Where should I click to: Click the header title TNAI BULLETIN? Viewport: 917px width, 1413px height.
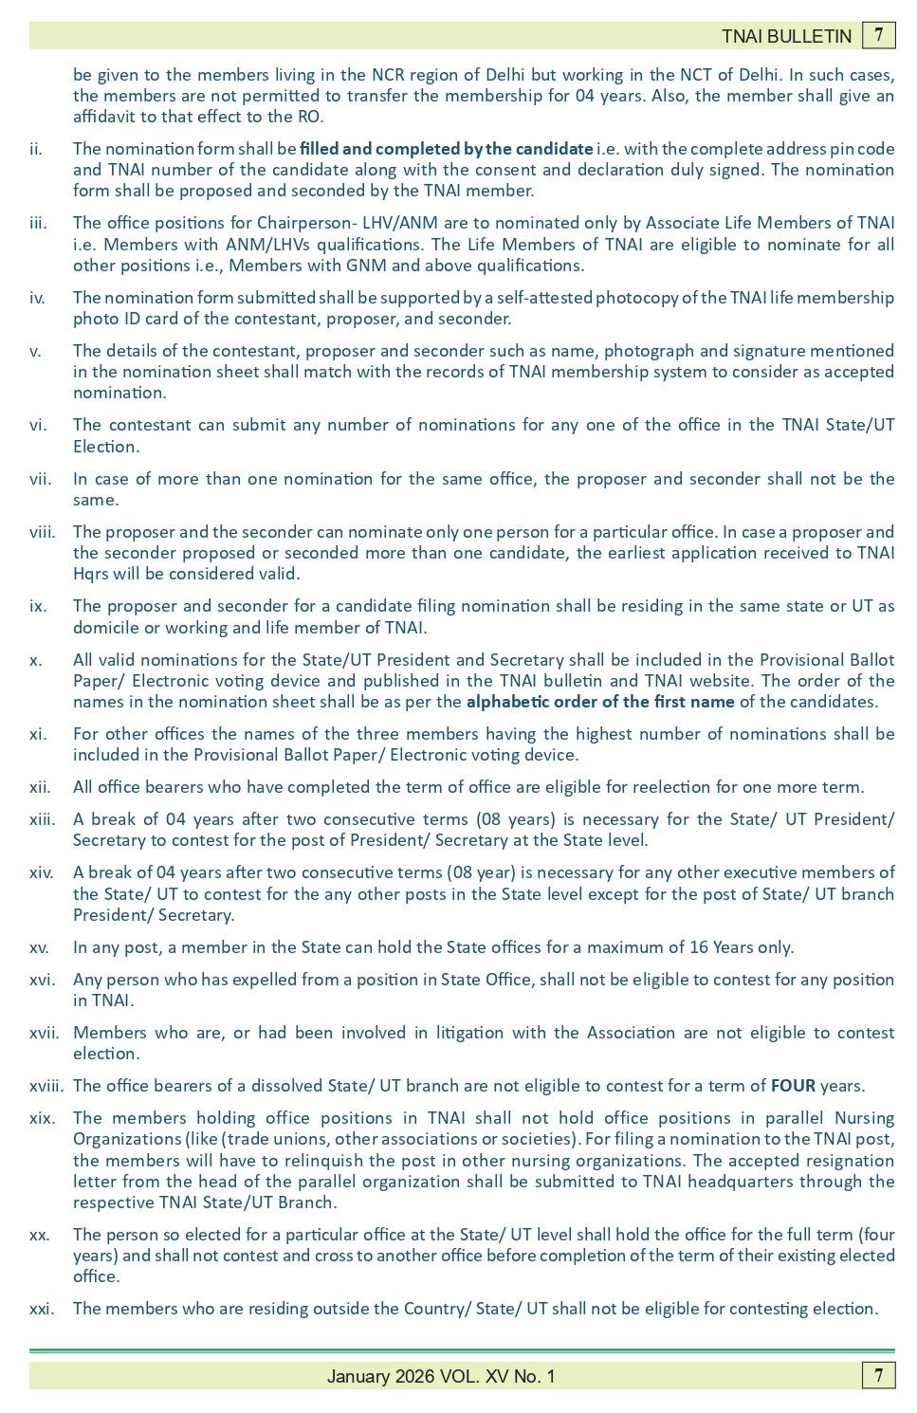point(786,36)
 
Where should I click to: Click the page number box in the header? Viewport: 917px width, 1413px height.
point(879,35)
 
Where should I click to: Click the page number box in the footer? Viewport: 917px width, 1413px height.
point(879,1375)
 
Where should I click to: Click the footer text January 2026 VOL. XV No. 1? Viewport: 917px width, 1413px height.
point(441,1376)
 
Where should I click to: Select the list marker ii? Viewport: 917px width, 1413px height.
point(36,149)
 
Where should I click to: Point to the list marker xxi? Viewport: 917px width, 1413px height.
point(41,1309)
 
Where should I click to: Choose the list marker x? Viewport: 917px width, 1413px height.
point(35,660)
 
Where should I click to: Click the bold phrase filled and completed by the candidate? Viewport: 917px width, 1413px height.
point(446,149)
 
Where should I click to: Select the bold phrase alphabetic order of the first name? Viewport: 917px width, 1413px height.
point(599,702)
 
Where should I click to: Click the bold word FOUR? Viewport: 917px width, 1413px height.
point(793,1086)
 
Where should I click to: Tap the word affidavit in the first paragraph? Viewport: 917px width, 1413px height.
point(106,117)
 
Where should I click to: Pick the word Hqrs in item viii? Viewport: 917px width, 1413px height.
point(91,574)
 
